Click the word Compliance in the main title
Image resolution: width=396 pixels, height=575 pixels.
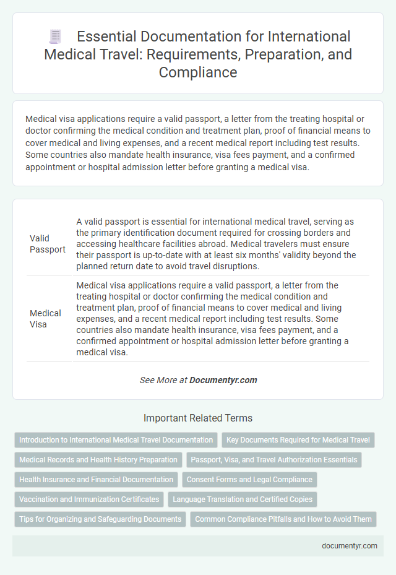pyautogui.click(x=197, y=72)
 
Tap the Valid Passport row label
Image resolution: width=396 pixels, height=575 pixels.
pyautogui.click(x=48, y=244)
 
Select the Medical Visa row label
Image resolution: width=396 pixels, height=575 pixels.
pyautogui.click(x=45, y=318)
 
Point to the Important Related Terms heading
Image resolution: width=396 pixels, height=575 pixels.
pyautogui.click(x=198, y=418)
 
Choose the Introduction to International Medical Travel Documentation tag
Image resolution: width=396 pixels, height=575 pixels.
pyautogui.click(x=116, y=440)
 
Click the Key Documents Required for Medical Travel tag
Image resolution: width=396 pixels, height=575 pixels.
pyautogui.click(x=298, y=440)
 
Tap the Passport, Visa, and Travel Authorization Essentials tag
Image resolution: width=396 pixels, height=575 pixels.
pyautogui.click(x=274, y=460)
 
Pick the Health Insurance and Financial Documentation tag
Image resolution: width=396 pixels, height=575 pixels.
pyautogui.click(x=96, y=479)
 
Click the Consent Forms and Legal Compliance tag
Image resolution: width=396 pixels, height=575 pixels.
pyautogui.click(x=249, y=479)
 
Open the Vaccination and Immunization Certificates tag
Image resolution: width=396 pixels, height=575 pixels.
pyautogui.click(x=88, y=499)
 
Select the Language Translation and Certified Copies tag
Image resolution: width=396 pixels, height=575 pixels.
pyautogui.click(x=243, y=499)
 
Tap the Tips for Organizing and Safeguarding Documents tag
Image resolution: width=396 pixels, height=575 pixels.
pyautogui.click(x=100, y=519)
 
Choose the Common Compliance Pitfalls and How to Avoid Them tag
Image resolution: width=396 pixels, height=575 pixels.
pyautogui.click(x=283, y=519)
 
